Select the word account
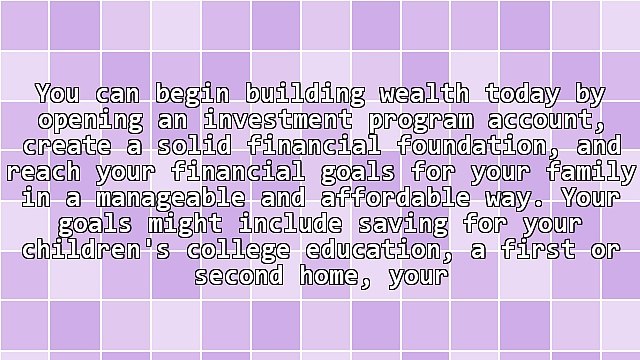coord(541,121)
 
